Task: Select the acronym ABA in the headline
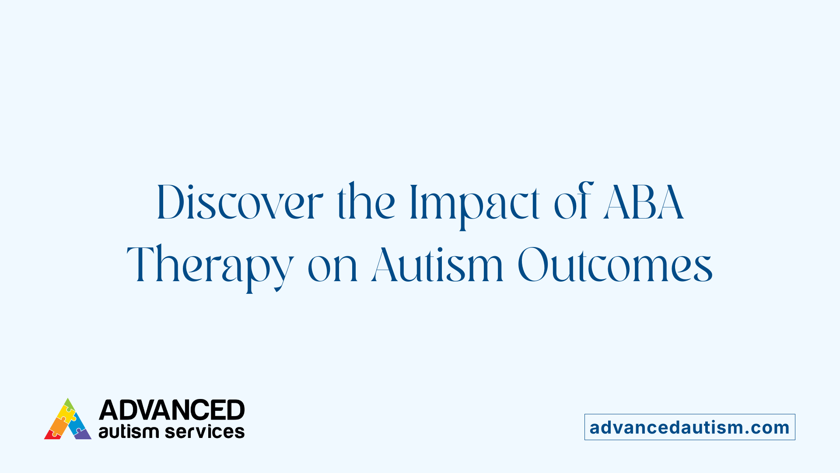click(643, 203)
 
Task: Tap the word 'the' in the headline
click(366, 203)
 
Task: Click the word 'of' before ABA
click(573, 203)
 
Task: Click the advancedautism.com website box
click(689, 427)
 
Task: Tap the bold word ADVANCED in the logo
click(171, 410)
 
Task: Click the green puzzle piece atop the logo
click(69, 405)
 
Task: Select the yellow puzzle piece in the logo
click(66, 414)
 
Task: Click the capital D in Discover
click(169, 203)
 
